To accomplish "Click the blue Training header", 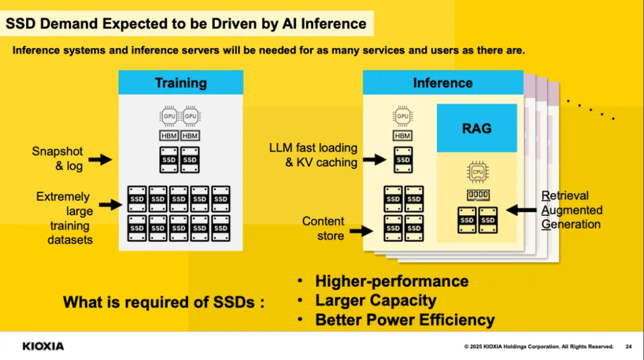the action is point(181,82).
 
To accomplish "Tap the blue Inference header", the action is point(442,82).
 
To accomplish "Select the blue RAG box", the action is point(476,128).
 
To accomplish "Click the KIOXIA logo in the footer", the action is point(43,346).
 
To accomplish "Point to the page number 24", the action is point(628,346).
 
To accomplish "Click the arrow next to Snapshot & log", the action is point(100,159).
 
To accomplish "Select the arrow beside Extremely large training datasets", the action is point(110,204).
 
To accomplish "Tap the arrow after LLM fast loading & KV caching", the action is point(374,159).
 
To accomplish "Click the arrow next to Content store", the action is point(361,231).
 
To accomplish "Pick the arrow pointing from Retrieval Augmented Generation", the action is point(521,210).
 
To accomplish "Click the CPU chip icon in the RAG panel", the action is point(477,172).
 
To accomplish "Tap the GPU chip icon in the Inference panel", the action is point(402,116).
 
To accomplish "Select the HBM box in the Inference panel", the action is point(402,136).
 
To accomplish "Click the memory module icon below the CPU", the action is point(478,195).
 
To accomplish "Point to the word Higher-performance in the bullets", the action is point(392,281).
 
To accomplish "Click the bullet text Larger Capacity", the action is point(376,300).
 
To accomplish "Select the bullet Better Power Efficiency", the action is point(405,320).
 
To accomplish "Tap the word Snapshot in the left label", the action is point(57,151).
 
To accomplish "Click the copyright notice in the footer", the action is point(539,346).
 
